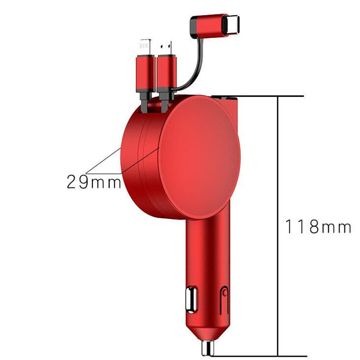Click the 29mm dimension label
[93, 182]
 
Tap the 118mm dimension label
[318, 226]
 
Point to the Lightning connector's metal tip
[145, 46]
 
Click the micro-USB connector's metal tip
[165, 46]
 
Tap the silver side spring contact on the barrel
[190, 299]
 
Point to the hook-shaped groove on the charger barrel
[224, 301]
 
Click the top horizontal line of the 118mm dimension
[273, 95]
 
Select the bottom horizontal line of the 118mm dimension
[273, 355]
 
